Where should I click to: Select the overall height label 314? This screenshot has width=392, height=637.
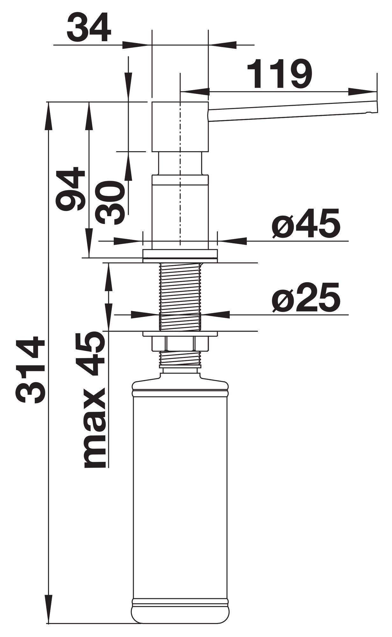[x=31, y=371]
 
